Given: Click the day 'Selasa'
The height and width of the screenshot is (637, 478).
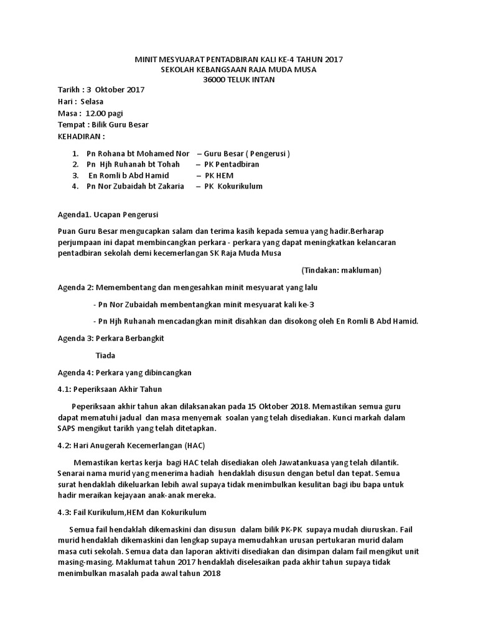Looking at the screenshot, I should pos(92,101).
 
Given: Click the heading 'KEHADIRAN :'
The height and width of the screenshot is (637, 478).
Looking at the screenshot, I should pos(82,136).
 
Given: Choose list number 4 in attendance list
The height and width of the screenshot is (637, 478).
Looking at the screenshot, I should pos(75,186).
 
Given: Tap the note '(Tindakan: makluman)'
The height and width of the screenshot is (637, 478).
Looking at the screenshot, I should pos(341,270).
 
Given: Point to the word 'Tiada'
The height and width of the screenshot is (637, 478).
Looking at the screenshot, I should pos(105,355).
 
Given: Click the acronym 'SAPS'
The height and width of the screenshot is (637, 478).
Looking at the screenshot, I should pos(67,429).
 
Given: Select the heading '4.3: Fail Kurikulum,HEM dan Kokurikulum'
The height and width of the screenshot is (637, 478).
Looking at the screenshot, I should pos(132,512).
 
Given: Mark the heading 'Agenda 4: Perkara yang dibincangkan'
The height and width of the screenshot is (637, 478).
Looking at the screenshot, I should pos(124,372).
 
